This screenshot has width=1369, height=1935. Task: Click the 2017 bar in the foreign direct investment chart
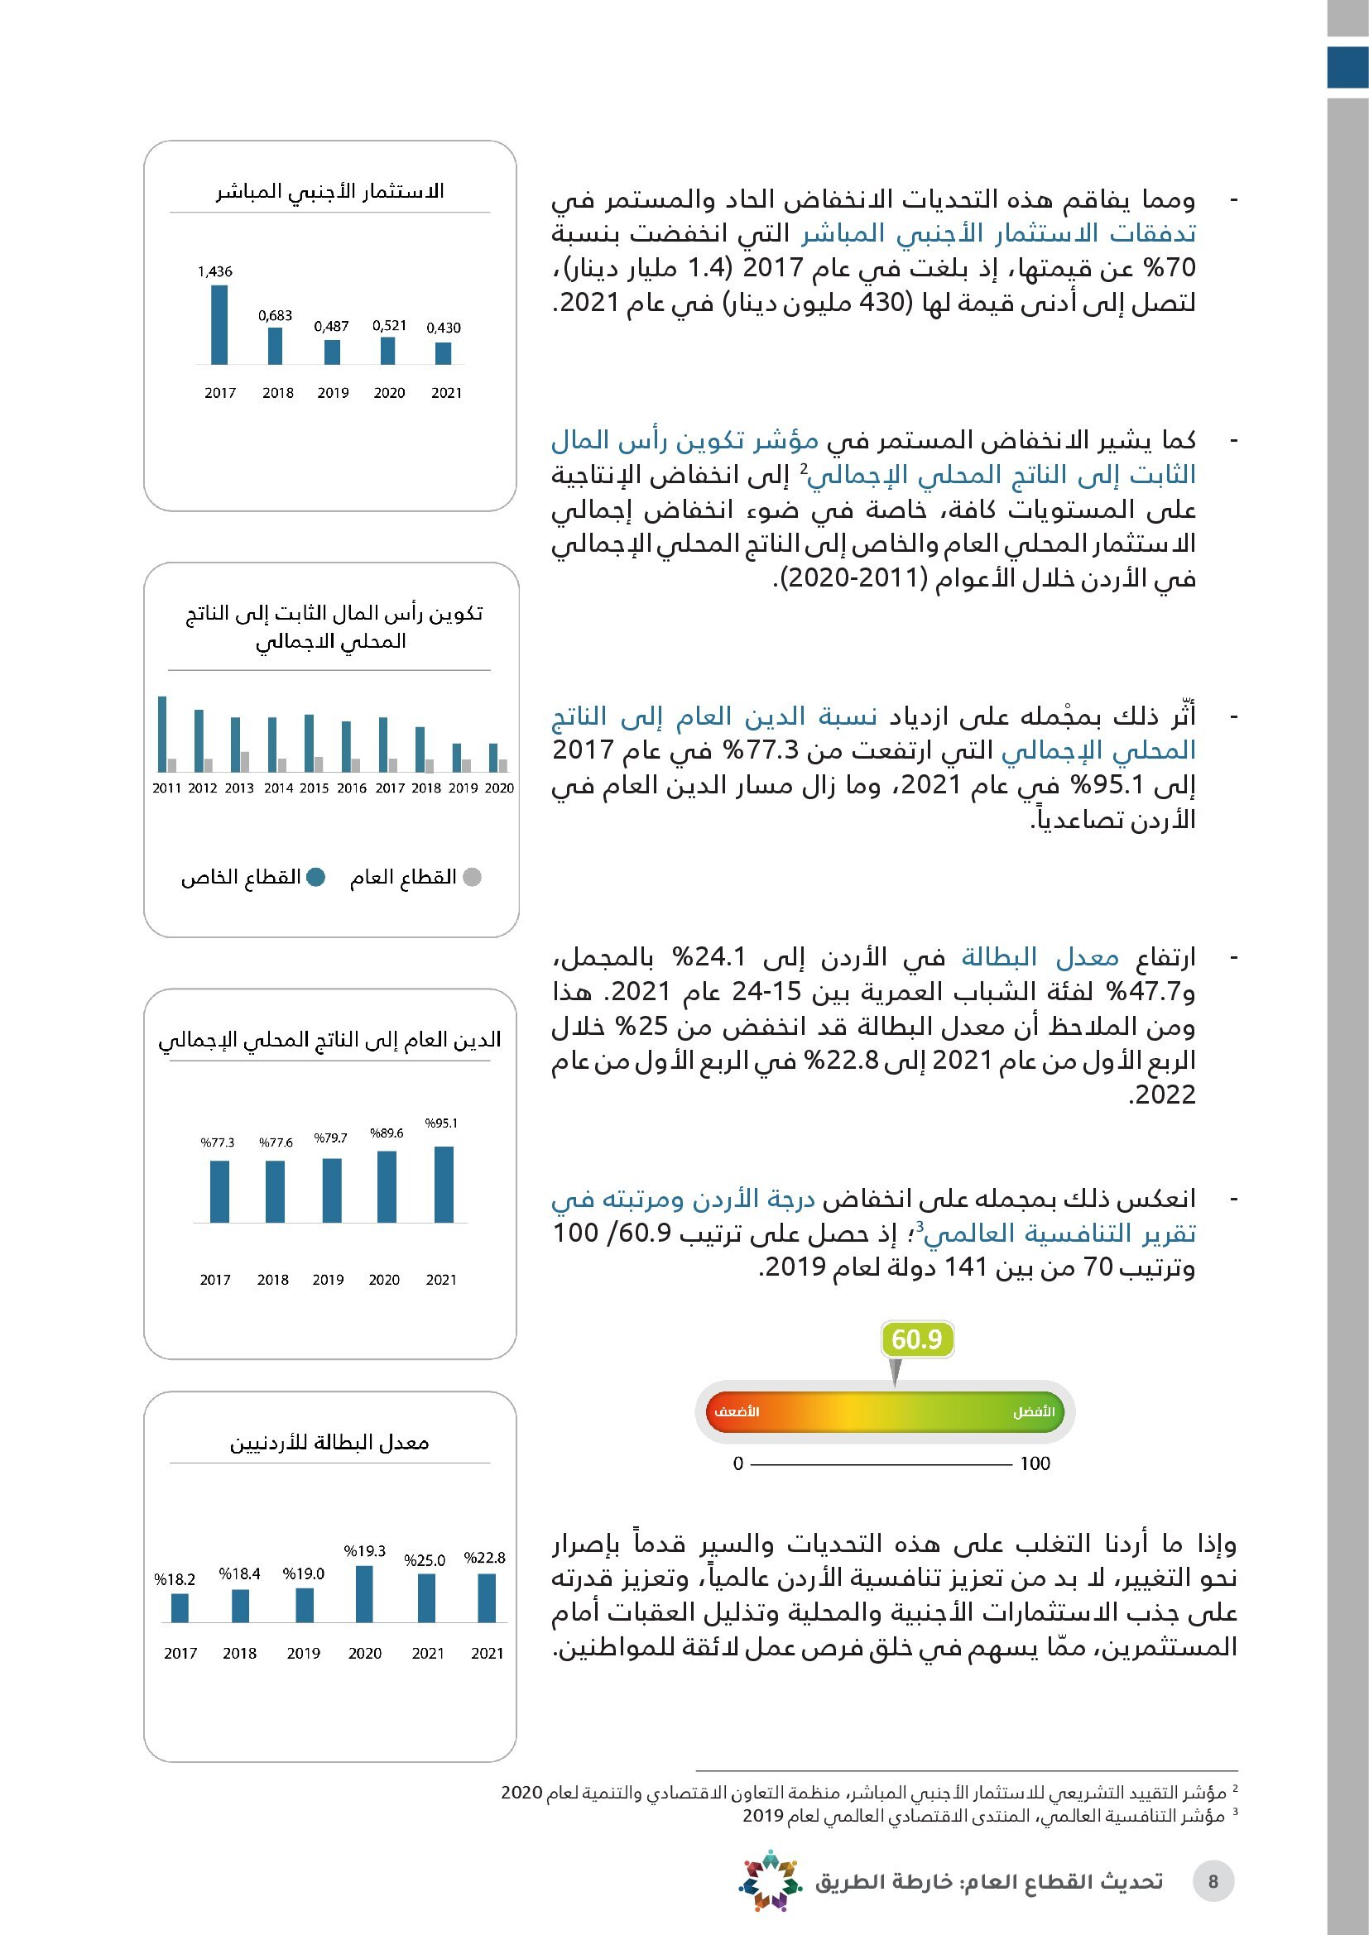219,324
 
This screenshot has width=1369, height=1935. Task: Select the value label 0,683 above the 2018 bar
275,316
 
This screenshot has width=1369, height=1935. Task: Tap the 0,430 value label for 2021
444,328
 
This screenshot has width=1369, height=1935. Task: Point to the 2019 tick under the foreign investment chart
333,393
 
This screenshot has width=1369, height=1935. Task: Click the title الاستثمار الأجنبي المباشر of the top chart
329,191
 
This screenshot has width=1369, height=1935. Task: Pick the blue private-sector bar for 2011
162,733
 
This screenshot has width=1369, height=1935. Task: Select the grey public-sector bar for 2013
244,762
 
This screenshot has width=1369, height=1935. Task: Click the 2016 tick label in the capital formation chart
352,788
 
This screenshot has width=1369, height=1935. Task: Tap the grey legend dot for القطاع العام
473,877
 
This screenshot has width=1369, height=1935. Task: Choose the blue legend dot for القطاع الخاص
316,877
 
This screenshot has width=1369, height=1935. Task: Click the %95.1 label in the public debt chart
441,1123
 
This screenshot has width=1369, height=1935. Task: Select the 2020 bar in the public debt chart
386,1186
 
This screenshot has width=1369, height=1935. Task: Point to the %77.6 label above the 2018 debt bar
276,1142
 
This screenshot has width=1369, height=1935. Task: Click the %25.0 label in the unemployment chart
424,1561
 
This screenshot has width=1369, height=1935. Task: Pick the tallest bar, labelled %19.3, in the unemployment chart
364,1593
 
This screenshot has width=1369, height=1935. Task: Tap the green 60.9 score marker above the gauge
916,1339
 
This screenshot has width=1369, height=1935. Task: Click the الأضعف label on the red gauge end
737,1411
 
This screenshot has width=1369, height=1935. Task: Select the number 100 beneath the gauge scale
1035,1464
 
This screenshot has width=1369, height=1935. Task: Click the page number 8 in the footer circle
1213,1882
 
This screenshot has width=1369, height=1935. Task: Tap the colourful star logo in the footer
768,1880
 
